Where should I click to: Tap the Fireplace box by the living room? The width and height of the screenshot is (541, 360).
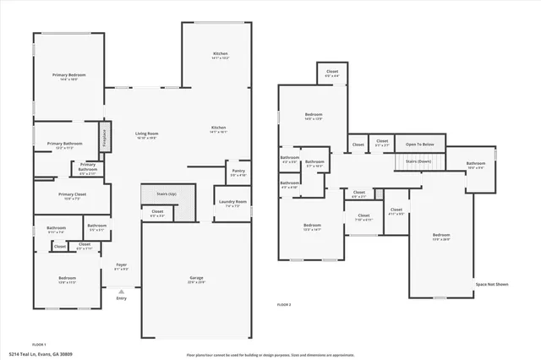tap(104, 138)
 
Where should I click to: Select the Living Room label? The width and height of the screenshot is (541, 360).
tap(147, 134)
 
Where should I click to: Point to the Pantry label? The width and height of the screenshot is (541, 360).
tap(238, 172)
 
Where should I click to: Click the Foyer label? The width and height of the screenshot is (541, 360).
tap(121, 267)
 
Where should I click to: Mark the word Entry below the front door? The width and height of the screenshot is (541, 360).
tap(122, 297)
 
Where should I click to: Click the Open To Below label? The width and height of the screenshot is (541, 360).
tap(419, 145)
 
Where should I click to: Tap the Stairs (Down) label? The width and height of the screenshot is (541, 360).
tap(418, 160)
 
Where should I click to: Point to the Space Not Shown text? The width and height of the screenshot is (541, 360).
tap(491, 285)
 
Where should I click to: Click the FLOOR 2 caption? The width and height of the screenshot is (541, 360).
tap(284, 304)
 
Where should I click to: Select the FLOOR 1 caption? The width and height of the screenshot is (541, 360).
tap(39, 345)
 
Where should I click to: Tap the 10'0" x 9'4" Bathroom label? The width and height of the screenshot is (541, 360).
tap(476, 165)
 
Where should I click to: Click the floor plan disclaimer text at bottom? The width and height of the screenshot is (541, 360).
tap(270, 354)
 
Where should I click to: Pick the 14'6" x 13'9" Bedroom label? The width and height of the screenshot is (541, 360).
tap(313, 116)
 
